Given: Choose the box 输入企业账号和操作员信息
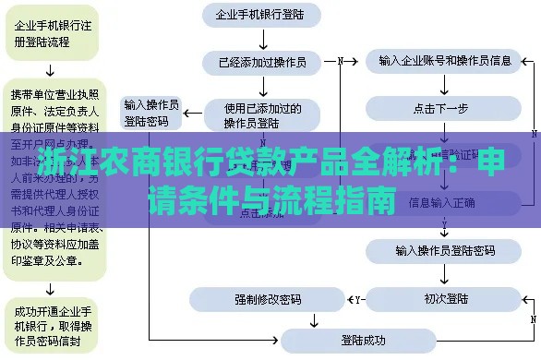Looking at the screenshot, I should click(445, 62).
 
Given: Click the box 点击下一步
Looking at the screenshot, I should click(445, 108).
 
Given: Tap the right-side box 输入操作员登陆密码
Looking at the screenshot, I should click(445, 250).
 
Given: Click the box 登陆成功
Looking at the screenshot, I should click(363, 340).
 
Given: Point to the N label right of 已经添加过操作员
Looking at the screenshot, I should click(341, 62).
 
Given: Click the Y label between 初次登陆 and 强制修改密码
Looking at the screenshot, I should click(358, 299).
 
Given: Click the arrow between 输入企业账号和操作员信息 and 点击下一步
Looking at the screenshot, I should click(445, 85).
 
